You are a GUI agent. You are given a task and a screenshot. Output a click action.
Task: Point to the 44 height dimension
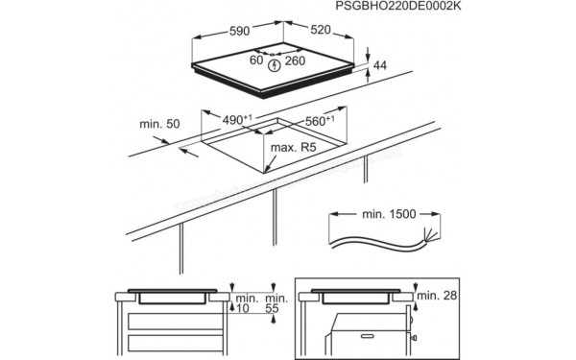pyautogui.click(x=381, y=64)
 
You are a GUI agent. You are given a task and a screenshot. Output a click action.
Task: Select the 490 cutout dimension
pyautogui.click(x=235, y=122)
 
